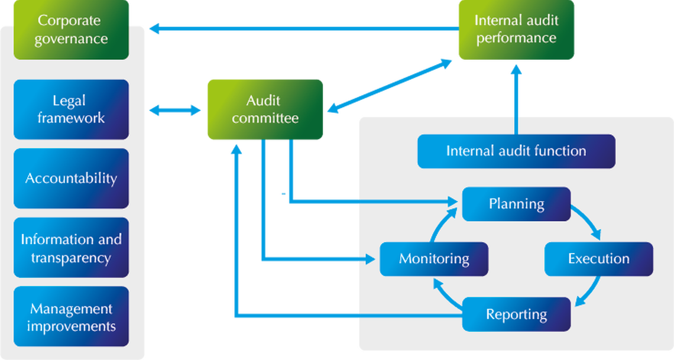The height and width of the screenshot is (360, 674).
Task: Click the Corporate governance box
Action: [x=71, y=30]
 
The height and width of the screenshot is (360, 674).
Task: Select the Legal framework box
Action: [x=71, y=109]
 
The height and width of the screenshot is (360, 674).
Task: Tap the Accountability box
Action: [x=71, y=178]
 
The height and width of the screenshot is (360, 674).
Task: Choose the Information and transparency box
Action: [x=71, y=248]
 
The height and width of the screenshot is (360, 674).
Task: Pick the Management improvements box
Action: [x=71, y=317]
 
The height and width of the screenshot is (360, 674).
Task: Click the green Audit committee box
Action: [x=264, y=109]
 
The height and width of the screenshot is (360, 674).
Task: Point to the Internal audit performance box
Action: [x=516, y=30]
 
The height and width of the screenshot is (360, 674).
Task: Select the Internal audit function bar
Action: [x=516, y=151]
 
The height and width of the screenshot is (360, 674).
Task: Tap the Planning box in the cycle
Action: [x=516, y=204]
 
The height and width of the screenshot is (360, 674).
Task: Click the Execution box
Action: [x=598, y=259]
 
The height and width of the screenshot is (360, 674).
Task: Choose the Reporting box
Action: [x=516, y=314]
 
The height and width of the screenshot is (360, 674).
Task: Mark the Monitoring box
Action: [x=434, y=259]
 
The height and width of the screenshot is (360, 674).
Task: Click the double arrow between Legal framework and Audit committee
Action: [x=175, y=110]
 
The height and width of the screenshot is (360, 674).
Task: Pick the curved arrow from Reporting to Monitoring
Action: [x=445, y=294]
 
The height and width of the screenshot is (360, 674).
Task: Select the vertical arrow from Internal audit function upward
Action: [x=516, y=98]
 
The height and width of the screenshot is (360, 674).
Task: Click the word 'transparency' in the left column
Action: [x=71, y=258]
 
